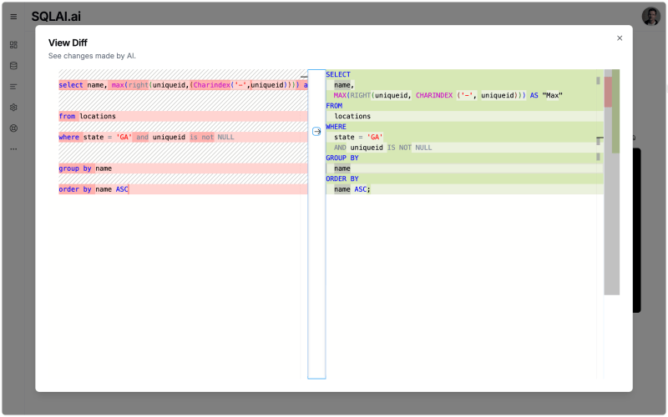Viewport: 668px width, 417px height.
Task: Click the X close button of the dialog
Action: [x=620, y=38]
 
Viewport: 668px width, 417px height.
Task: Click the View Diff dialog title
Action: [x=68, y=43]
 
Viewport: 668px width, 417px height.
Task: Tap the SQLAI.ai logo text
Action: [x=56, y=16]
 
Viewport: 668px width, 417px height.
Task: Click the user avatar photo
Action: [x=650, y=16]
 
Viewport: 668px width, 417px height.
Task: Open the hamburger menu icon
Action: [x=13, y=17]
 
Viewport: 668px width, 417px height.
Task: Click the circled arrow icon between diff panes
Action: [x=316, y=131]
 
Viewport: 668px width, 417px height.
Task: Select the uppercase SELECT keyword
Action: [x=338, y=74]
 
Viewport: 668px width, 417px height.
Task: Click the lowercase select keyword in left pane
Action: [x=70, y=85]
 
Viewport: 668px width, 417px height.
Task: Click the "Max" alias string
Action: [x=552, y=95]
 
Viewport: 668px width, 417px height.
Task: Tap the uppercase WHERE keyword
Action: [x=336, y=127]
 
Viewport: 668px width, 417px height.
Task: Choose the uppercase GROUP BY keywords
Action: [x=342, y=158]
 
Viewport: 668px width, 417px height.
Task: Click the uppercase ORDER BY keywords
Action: [x=342, y=178]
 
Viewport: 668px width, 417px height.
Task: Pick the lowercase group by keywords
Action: [x=75, y=168]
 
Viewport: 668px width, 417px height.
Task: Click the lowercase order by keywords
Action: [x=75, y=189]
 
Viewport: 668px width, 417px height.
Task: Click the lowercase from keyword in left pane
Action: [x=67, y=116]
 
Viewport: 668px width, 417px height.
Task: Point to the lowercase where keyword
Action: [x=68, y=137]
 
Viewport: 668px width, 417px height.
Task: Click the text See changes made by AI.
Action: [x=92, y=56]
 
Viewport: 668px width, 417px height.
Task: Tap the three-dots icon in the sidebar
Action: [x=13, y=149]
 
